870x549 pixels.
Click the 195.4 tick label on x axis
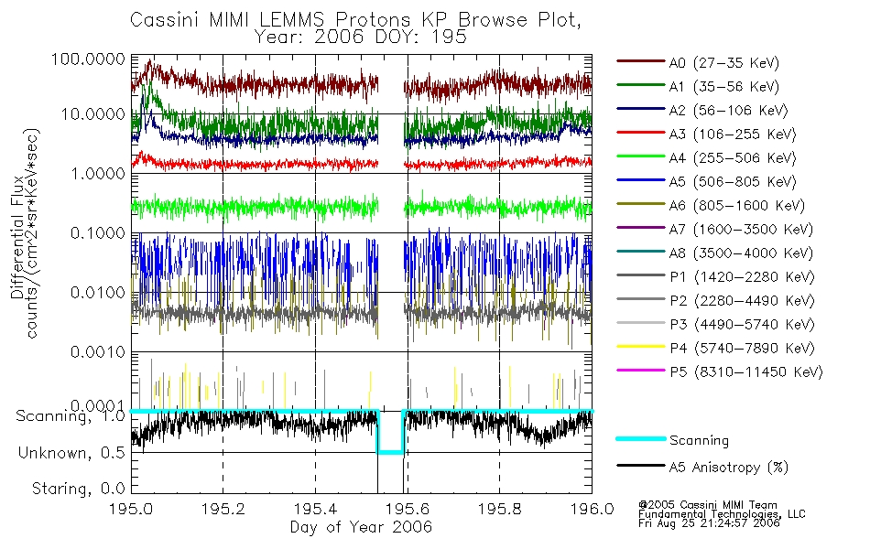(315, 510)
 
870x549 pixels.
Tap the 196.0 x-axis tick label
(592, 510)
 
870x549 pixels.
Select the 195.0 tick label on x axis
(131, 510)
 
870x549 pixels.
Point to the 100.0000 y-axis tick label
(89, 58)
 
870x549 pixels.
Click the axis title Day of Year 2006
(361, 527)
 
